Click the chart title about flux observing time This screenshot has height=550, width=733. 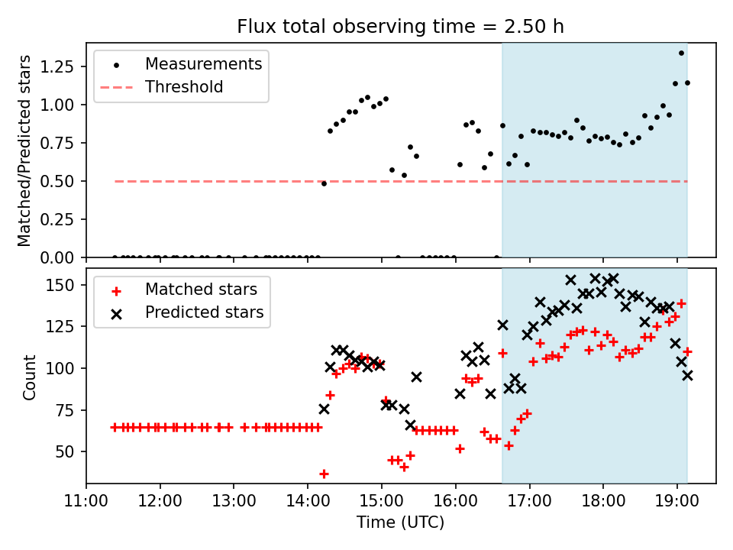(x=400, y=27)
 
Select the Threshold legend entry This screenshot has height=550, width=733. (x=162, y=87)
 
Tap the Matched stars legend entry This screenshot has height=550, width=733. (x=185, y=290)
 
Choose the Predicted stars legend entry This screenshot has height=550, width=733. (x=188, y=312)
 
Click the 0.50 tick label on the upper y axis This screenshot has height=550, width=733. (x=57, y=181)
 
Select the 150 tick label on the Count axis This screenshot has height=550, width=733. (x=60, y=285)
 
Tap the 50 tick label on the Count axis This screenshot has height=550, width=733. (x=65, y=451)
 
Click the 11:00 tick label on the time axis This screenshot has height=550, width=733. (x=86, y=501)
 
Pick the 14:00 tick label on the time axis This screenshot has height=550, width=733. (x=308, y=501)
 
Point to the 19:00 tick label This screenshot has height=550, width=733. (x=677, y=501)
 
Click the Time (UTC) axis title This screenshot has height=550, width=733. (x=401, y=522)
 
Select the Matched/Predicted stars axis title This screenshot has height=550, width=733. (x=24, y=150)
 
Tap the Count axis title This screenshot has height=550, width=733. (x=29, y=377)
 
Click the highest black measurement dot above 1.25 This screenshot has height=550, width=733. (x=681, y=53)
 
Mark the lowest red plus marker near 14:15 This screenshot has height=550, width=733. (x=324, y=474)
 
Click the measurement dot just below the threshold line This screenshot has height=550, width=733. (x=324, y=184)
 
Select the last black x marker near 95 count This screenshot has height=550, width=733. (x=687, y=375)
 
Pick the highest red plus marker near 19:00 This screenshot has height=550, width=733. (x=681, y=303)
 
